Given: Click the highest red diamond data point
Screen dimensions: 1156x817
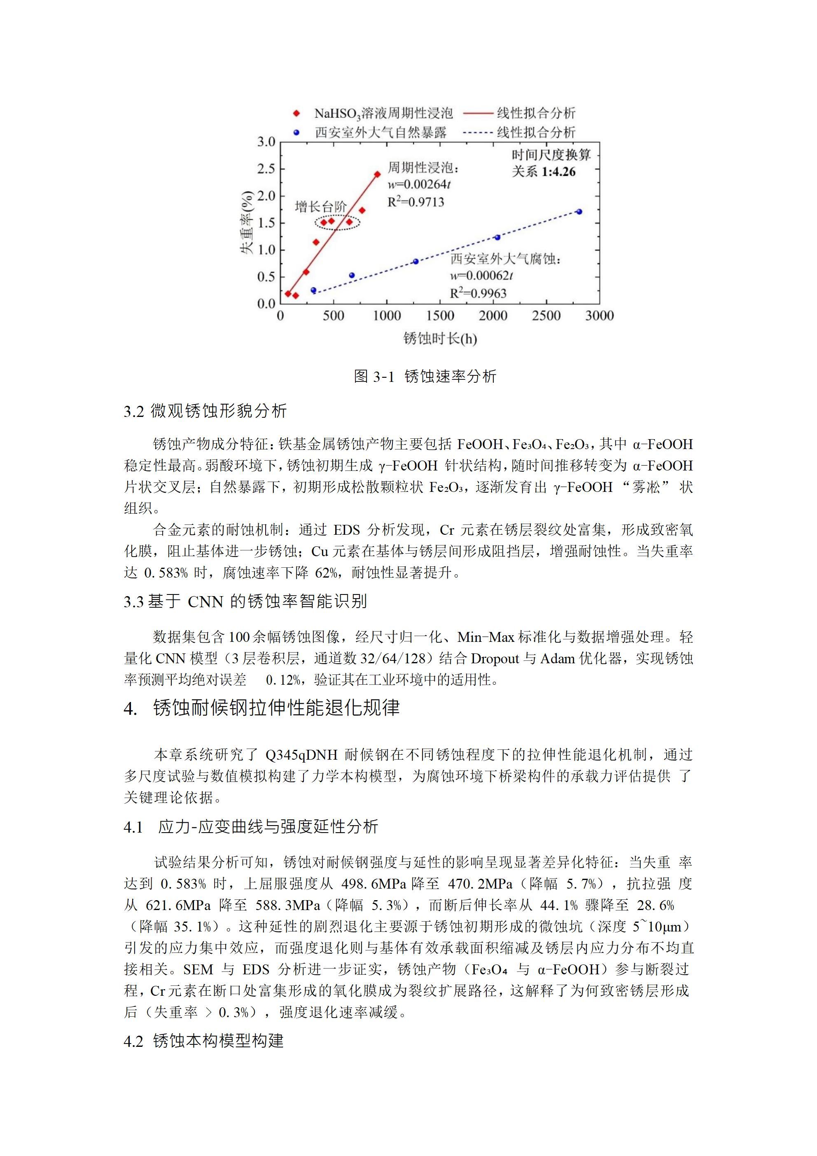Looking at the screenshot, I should tap(377, 174).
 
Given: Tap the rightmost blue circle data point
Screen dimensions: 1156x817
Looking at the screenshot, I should tap(579, 211).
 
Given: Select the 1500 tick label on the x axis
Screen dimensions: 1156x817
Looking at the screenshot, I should tap(440, 316).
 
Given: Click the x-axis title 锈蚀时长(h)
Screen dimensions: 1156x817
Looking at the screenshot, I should tap(440, 338).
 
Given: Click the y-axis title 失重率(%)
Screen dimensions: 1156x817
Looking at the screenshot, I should tap(246, 222).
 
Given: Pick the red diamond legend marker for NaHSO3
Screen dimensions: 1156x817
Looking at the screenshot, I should tap(296, 113).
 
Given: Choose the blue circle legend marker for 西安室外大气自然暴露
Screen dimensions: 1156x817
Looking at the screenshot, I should tap(296, 132).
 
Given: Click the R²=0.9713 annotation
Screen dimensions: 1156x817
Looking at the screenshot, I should tap(416, 202).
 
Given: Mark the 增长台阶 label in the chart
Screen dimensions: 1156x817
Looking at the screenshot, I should tap(320, 206).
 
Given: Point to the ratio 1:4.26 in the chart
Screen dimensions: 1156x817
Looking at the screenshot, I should tap(558, 172).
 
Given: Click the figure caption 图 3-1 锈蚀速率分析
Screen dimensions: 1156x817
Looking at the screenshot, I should tap(425, 376).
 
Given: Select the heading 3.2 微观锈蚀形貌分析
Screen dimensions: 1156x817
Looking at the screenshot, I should tap(205, 411).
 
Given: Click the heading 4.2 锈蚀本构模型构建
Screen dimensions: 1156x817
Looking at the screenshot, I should tap(203, 1041).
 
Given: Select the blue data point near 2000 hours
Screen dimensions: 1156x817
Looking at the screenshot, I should tap(497, 237).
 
